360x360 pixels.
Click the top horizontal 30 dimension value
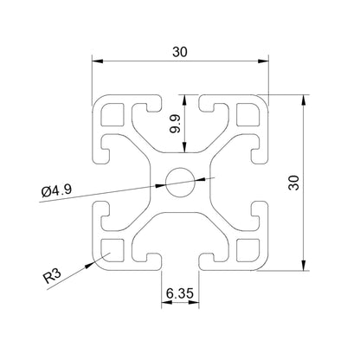click(x=179, y=51)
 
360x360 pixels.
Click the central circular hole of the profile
click(x=180, y=181)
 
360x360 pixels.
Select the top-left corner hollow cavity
click(x=112, y=113)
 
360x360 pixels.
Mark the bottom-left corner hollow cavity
click(x=112, y=249)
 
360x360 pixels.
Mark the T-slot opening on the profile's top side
click(x=180, y=98)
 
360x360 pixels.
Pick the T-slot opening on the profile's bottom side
click(x=180, y=264)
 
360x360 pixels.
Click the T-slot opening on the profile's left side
click(x=97, y=181)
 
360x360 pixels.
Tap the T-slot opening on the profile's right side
click(x=263, y=181)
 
